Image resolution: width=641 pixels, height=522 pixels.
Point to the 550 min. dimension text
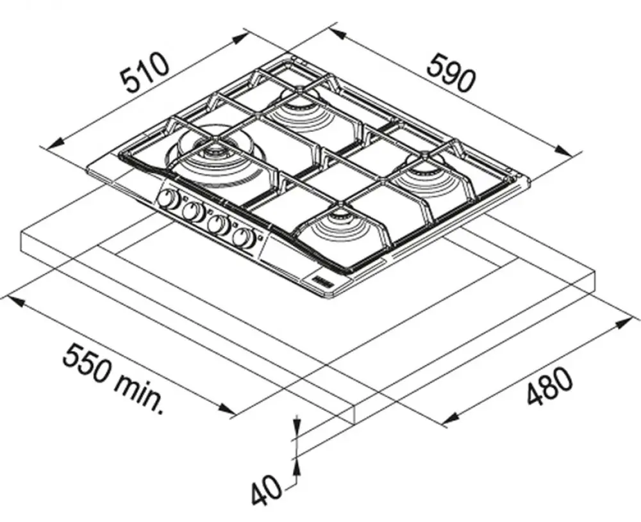point(113,379)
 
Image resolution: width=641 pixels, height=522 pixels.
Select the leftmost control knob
point(168,200)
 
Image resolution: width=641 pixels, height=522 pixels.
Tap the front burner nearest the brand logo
point(342,231)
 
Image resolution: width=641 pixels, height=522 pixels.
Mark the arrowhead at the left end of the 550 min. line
point(17,303)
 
